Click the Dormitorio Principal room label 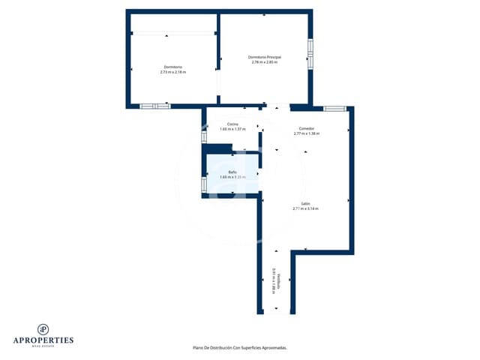pyautogui.click(x=263, y=57)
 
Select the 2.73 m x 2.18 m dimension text pyautogui.click(x=172, y=72)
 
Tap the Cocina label pyautogui.click(x=232, y=124)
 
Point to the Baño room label pyautogui.click(x=232, y=172)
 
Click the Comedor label pyautogui.click(x=306, y=129)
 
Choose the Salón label pyautogui.click(x=306, y=204)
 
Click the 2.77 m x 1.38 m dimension pyautogui.click(x=306, y=133)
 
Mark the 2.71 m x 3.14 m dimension pyautogui.click(x=306, y=208)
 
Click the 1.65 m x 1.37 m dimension pyautogui.click(x=232, y=129)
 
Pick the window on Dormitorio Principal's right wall pyautogui.click(x=310, y=53)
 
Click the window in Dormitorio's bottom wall pyautogui.click(x=155, y=106)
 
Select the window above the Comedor pyautogui.click(x=334, y=109)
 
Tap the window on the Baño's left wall pyautogui.click(x=203, y=184)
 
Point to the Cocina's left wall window pyautogui.click(x=203, y=137)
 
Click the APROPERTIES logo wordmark pyautogui.click(x=43, y=340)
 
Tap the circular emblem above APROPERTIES pyautogui.click(x=43, y=328)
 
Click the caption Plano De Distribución pyautogui.click(x=240, y=348)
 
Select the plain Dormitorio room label pyautogui.click(x=172, y=67)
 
